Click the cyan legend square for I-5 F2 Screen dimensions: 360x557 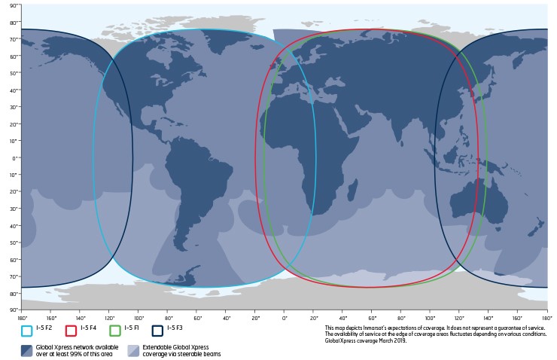pyautogui.click(x=27, y=330)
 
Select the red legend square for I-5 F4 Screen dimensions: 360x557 pyautogui.click(x=71, y=330)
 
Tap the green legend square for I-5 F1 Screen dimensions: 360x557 pyautogui.click(x=114, y=330)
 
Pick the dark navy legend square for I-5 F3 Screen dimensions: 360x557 pyautogui.click(x=157, y=330)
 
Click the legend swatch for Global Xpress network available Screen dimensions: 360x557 pyautogui.click(x=27, y=349)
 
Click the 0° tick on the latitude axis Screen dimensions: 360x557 pyautogui.click(x=13, y=158)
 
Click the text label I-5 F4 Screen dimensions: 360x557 pyautogui.click(x=89, y=330)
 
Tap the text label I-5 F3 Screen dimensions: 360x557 pyautogui.click(x=175, y=330)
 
